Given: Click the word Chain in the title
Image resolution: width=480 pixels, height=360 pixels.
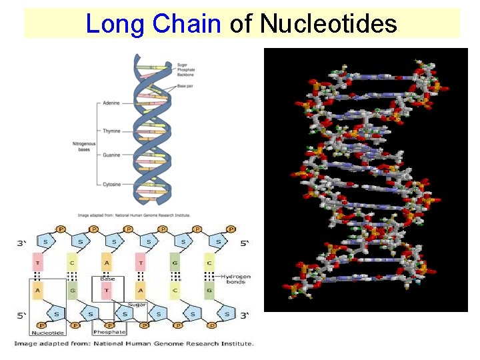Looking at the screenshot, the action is [187, 25].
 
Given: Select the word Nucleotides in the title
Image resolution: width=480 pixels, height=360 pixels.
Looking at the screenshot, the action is [329, 25].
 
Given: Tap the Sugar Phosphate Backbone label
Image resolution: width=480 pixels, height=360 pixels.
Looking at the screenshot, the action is [187, 69].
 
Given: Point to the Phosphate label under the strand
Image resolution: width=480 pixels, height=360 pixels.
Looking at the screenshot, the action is [109, 332].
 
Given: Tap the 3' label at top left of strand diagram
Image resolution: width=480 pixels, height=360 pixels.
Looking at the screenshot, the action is [21, 244].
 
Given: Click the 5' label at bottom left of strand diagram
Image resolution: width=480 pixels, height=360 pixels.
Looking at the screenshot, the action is [21, 314].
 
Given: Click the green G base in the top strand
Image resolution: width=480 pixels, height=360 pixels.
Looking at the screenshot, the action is [174, 262].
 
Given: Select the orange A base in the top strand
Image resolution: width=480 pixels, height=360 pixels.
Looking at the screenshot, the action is [107, 262].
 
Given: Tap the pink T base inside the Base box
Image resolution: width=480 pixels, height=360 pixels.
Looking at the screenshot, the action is [107, 291].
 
